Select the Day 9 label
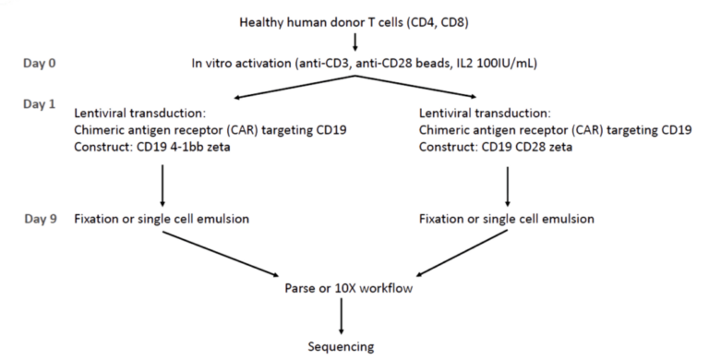[x=41, y=219]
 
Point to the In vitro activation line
[x=365, y=63]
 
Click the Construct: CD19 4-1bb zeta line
[x=151, y=148]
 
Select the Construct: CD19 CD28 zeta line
[x=495, y=148]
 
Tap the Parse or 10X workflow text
[x=348, y=289]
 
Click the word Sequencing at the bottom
[x=342, y=347]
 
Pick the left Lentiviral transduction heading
[x=140, y=114]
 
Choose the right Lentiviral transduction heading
[x=485, y=114]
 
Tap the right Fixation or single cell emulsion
[x=506, y=220]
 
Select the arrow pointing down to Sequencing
[x=342, y=318]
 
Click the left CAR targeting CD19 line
[x=210, y=130]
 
